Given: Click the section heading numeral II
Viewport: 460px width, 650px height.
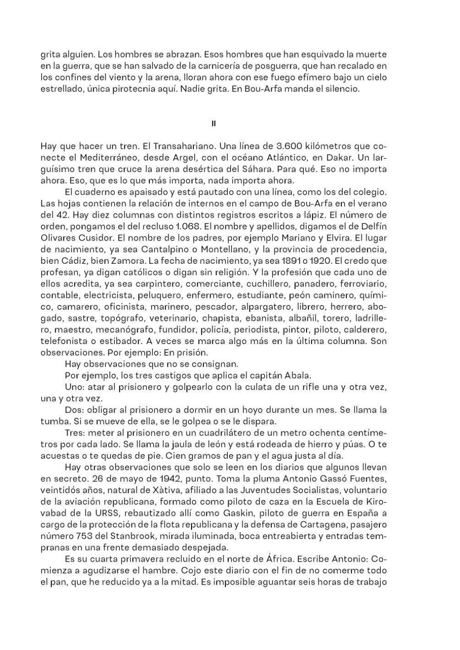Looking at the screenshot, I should point(213,123).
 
